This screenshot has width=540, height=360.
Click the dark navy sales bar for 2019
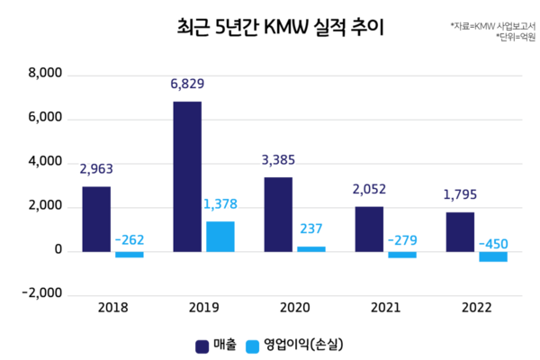pyautogui.click(x=187, y=176)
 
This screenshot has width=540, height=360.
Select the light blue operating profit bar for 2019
pyautogui.click(x=220, y=236)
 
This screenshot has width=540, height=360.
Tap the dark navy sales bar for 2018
pyautogui.click(x=96, y=219)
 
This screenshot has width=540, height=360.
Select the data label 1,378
pyautogui.click(x=220, y=204)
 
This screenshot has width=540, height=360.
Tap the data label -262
pyautogui.click(x=130, y=240)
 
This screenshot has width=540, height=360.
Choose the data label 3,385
pyautogui.click(x=278, y=161)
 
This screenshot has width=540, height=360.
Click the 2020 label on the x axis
pyautogui.click(x=293, y=308)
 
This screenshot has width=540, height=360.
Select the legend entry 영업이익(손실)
pyautogui.click(x=301, y=344)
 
